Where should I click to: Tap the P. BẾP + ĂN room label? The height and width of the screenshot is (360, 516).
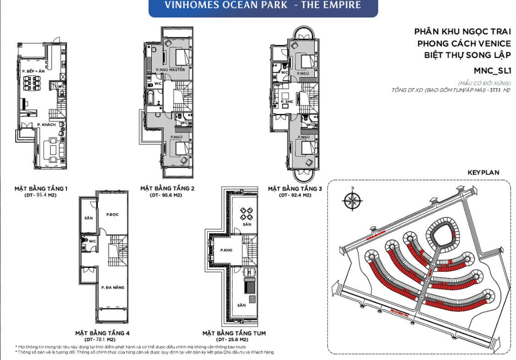tap(33, 72)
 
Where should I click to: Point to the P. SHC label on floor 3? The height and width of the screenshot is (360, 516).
tap(288, 102)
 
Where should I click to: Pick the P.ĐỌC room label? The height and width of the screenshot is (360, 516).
tap(112, 214)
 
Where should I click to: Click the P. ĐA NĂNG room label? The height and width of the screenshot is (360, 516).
tap(112, 288)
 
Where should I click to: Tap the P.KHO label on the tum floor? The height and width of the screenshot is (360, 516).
tap(225, 250)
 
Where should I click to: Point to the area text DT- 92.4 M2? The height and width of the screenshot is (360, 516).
tap(295, 195)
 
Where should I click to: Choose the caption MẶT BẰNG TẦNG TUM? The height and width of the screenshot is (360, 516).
tap(234, 333)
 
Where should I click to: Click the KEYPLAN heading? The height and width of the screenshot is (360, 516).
tap(483, 173)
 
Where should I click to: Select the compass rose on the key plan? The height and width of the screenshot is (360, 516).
tap(352, 201)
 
